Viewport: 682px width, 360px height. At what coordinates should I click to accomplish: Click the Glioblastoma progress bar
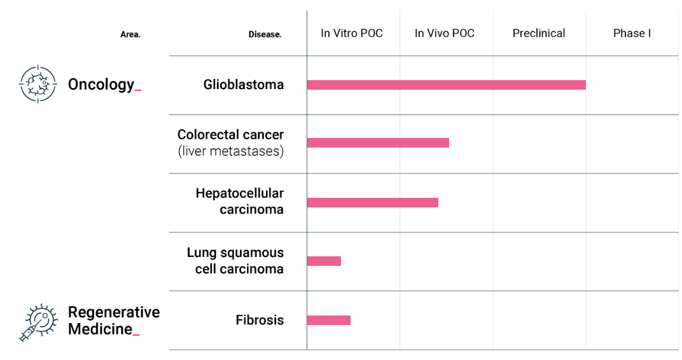pyautogui.click(x=446, y=85)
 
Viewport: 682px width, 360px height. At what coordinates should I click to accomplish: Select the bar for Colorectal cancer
pyautogui.click(x=378, y=142)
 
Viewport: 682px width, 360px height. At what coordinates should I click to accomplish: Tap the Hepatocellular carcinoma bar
pyautogui.click(x=373, y=203)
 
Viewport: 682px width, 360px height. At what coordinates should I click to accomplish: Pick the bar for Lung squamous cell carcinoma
pyautogui.click(x=324, y=261)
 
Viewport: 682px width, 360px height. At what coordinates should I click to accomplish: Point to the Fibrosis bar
pyautogui.click(x=329, y=321)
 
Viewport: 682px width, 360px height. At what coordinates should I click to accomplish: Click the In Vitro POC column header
pyautogui.click(x=351, y=34)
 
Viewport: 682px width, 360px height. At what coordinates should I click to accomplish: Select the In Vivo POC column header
pyautogui.click(x=445, y=34)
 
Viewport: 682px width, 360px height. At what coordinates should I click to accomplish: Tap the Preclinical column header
pyautogui.click(x=538, y=34)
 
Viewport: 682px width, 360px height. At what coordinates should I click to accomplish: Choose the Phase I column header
pyautogui.click(x=632, y=34)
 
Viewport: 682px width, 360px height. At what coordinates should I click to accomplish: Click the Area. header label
pyautogui.click(x=130, y=35)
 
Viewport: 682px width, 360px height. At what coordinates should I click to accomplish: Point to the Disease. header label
pyautogui.click(x=265, y=35)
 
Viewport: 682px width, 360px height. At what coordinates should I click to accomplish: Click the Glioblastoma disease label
pyautogui.click(x=244, y=85)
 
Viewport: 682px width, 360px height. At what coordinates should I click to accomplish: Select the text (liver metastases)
pyautogui.click(x=231, y=151)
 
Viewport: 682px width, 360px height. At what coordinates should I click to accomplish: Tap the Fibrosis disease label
pyautogui.click(x=260, y=320)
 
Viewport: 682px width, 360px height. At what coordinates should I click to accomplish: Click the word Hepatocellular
pyautogui.click(x=240, y=193)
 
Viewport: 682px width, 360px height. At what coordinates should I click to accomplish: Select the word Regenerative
pyautogui.click(x=114, y=312)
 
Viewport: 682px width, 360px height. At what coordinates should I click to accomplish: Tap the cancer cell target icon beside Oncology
pyautogui.click(x=38, y=84)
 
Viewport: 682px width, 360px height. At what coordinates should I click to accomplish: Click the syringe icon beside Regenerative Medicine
pyautogui.click(x=38, y=322)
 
